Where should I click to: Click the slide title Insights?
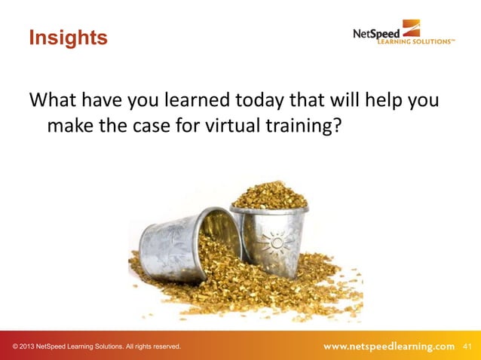coord(68,37)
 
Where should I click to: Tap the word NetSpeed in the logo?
coord(378,34)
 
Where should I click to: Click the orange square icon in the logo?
coord(411,28)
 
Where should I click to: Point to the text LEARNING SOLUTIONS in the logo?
coord(415,42)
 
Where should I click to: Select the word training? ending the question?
coord(305,127)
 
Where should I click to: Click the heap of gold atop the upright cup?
coord(270,195)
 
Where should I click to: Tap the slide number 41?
coord(467,346)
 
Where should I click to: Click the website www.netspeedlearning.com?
coord(389,346)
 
